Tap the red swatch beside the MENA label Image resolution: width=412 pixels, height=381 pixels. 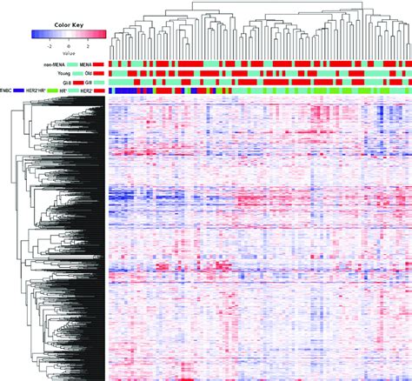point(99,65)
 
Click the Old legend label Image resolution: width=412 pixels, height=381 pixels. point(87,74)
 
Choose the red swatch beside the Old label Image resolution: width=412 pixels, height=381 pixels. point(99,74)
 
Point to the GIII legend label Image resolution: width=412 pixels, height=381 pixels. point(87,83)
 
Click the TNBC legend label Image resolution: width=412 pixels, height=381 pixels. point(6,91)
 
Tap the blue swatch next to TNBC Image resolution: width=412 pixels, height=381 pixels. point(18,91)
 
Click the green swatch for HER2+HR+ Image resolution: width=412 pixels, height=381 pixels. point(52,91)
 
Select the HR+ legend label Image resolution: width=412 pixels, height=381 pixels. point(64,91)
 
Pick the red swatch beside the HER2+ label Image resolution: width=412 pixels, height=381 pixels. point(99,91)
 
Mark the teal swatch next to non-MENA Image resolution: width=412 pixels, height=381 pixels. point(73,65)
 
